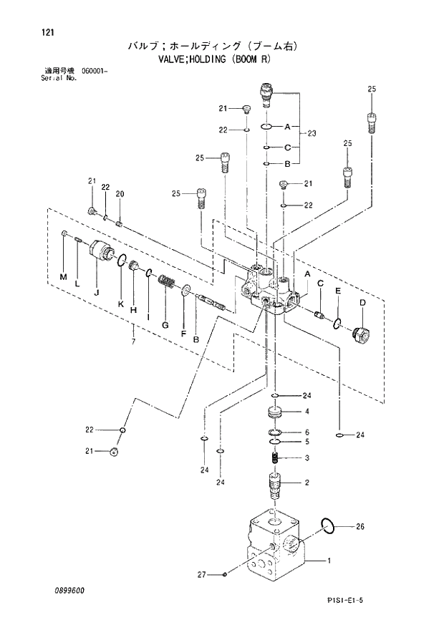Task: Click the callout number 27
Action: pyautogui.click(x=202, y=574)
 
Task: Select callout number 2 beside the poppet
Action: pyautogui.click(x=307, y=483)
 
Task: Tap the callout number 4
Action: pyautogui.click(x=307, y=412)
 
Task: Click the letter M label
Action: pyautogui.click(x=62, y=277)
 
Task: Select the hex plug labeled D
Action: pyautogui.click(x=362, y=334)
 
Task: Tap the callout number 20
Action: pyautogui.click(x=120, y=194)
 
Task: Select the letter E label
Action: pyautogui.click(x=337, y=291)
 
